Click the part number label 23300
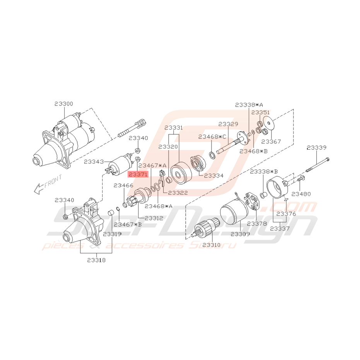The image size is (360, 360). tap(63, 104)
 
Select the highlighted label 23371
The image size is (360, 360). tap(138, 174)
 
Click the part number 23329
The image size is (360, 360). tap(228, 124)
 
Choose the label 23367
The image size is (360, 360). tap(271, 142)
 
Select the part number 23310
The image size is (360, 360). tap(211, 245)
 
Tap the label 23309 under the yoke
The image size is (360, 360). tap(241, 234)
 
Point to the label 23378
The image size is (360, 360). tap(257, 224)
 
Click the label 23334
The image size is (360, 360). tap(214, 176)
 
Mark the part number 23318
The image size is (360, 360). tap(96, 260)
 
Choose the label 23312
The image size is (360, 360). tap(154, 218)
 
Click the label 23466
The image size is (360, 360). tap(123, 186)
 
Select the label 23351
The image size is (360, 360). tap(261, 112)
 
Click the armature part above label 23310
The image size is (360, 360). tap(205, 229)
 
